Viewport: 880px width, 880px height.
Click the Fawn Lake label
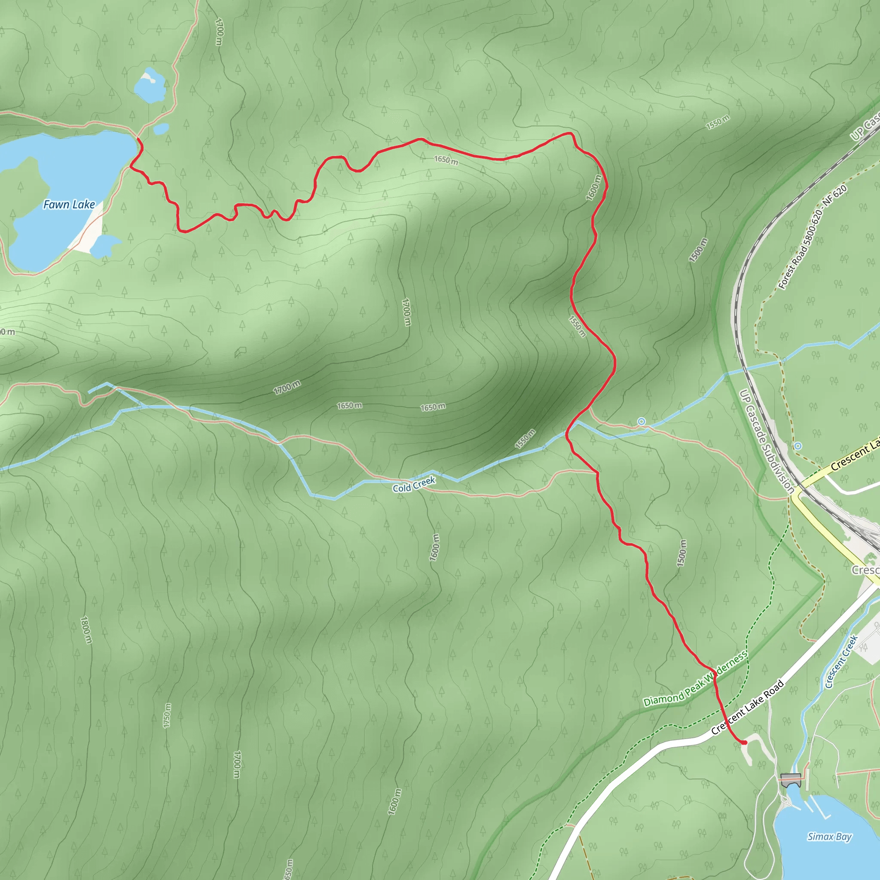coord(69,205)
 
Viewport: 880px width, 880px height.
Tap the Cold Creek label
coord(414,485)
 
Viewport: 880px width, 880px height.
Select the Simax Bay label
coord(829,837)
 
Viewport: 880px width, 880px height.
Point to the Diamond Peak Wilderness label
coord(695,678)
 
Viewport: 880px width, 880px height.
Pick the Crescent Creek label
coord(841,662)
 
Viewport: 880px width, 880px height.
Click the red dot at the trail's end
coord(745,743)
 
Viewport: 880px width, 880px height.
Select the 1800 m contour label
coord(86,630)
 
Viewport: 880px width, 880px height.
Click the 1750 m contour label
coord(168,715)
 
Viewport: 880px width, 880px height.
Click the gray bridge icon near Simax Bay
coord(790,779)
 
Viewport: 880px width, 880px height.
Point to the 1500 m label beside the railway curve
coord(698,250)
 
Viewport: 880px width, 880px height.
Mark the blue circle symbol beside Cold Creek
coord(642,422)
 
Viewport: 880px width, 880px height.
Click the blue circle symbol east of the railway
coord(797,446)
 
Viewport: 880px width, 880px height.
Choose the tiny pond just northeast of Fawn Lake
coord(161,129)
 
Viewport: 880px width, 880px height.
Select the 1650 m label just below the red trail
coord(446,160)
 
